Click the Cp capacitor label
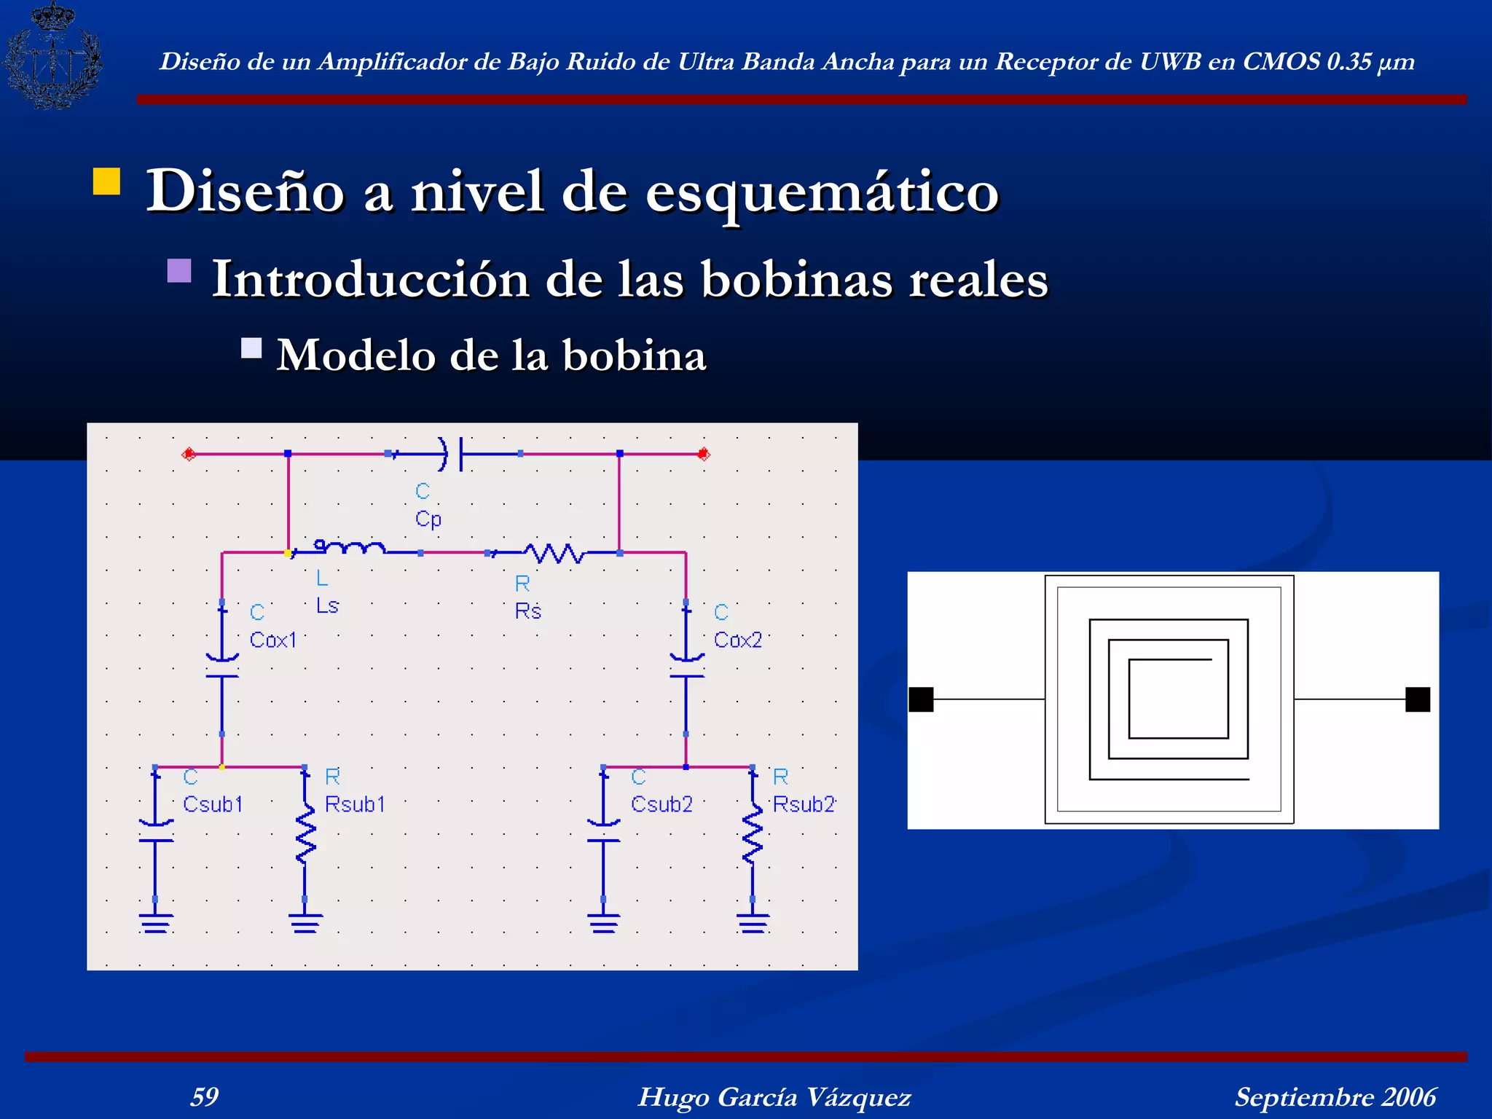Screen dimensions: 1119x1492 click(428, 519)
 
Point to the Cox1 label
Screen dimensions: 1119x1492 click(273, 640)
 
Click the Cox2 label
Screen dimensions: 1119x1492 click(737, 640)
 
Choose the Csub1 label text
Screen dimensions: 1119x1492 click(213, 804)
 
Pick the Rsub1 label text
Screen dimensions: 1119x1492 click(355, 804)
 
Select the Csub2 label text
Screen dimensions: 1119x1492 click(661, 804)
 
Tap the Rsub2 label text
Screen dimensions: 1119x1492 click(804, 804)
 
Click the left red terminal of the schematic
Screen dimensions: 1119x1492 click(189, 454)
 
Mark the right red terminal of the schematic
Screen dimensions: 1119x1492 click(703, 454)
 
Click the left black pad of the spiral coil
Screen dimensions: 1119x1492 click(921, 699)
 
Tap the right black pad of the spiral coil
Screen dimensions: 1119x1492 click(1418, 699)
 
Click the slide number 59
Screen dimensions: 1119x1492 click(204, 1096)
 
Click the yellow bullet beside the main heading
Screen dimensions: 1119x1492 click(106, 181)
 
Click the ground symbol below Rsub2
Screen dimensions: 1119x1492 click(753, 923)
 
